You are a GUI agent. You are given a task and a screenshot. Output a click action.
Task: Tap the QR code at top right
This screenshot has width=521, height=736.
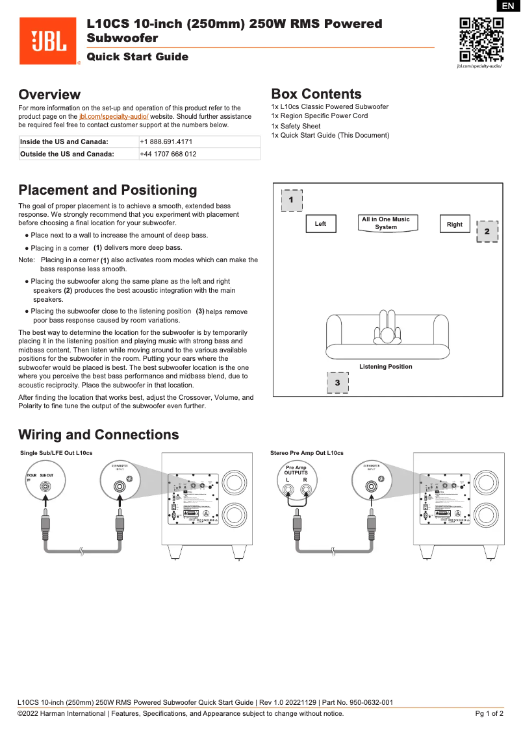click(481, 39)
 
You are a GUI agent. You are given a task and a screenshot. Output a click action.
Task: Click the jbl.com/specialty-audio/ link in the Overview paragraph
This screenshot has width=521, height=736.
click(114, 116)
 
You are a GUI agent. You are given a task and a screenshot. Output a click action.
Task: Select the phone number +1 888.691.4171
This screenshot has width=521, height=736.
click(166, 141)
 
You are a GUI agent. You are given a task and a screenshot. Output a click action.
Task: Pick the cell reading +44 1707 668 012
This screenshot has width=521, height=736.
click(168, 154)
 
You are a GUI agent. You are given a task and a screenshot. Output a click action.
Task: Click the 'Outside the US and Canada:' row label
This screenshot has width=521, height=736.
click(67, 154)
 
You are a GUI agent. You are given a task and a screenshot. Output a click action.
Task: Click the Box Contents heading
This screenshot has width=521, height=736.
click(316, 94)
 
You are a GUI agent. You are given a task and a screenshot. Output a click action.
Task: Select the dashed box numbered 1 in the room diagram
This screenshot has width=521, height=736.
click(292, 200)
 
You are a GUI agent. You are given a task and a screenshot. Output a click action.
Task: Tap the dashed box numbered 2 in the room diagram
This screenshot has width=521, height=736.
click(487, 231)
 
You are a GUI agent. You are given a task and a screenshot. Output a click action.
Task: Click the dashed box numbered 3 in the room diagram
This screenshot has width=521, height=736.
click(337, 382)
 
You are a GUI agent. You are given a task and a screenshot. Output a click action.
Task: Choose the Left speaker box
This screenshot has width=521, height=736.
click(320, 224)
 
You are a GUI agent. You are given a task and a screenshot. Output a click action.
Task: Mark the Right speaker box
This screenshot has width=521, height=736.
click(455, 224)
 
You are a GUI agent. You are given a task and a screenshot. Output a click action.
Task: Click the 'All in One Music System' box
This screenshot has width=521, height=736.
click(386, 223)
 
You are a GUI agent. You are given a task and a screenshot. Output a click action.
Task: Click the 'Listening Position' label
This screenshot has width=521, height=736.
click(386, 367)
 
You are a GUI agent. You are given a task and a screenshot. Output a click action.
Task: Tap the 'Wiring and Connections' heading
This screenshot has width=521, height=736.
click(98, 435)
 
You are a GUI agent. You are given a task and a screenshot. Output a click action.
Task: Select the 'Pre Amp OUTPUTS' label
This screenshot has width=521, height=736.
click(296, 470)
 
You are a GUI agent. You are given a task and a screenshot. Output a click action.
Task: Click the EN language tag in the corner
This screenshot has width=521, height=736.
click(508, 6)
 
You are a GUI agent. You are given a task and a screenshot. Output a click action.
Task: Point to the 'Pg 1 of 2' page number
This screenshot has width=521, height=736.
click(489, 714)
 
